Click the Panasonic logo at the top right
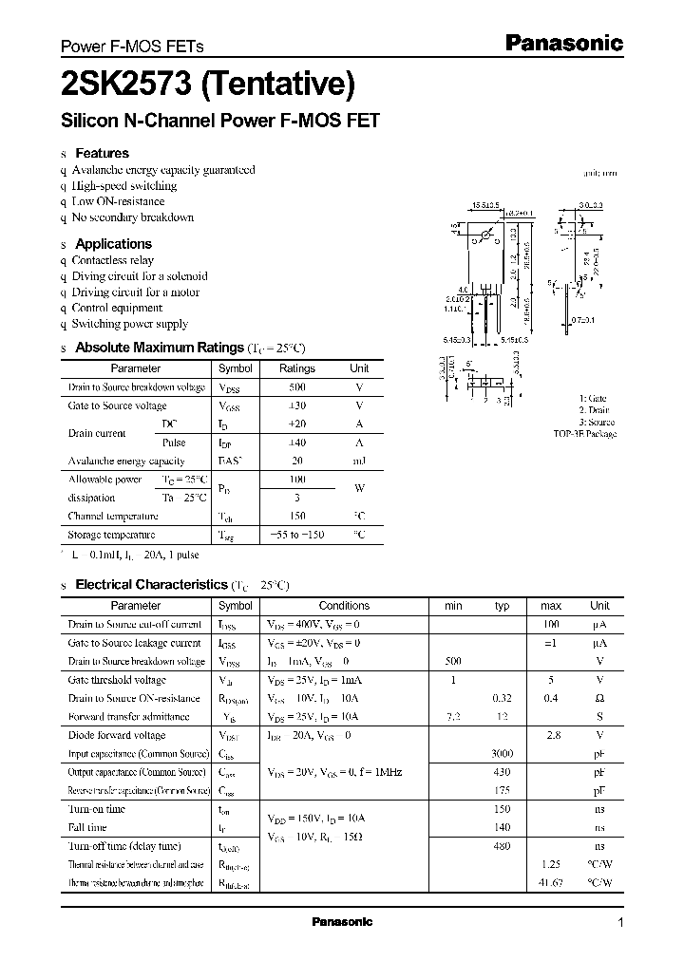click(562, 43)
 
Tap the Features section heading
click(102, 153)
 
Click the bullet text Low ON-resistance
click(118, 201)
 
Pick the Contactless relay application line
click(112, 260)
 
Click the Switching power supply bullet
click(129, 324)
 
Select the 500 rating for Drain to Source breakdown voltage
click(296, 387)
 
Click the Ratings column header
click(296, 368)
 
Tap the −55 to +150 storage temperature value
click(296, 535)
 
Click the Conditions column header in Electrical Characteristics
click(344, 606)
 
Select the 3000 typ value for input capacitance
click(503, 754)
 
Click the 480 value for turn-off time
click(503, 846)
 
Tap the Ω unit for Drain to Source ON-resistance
click(599, 699)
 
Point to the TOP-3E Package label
click(584, 434)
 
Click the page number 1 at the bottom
click(620, 923)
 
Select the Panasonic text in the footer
click(342, 922)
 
